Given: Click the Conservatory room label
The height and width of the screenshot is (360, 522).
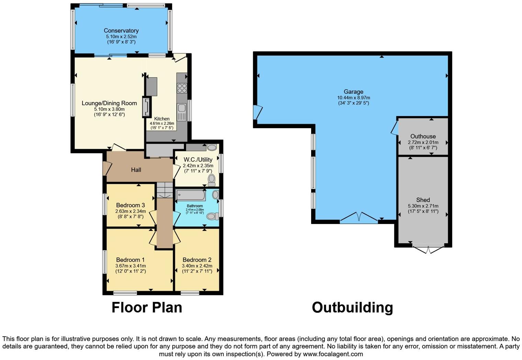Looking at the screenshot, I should (x=121, y=31).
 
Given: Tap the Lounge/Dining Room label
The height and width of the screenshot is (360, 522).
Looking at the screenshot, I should (x=109, y=103).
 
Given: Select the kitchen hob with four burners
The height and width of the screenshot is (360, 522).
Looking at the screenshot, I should (x=182, y=88).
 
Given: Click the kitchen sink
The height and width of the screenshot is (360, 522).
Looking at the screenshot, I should (x=182, y=112).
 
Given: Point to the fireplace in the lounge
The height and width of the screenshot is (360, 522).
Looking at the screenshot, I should (x=147, y=107).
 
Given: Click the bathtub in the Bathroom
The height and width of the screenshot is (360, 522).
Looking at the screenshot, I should (x=191, y=195).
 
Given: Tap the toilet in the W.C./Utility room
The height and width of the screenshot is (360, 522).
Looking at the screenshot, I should (x=212, y=179).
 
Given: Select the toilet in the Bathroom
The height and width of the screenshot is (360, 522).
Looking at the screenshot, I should (x=214, y=216).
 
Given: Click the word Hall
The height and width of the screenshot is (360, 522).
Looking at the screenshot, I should (x=136, y=170).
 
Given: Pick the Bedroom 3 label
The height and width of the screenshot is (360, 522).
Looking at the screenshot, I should (x=130, y=205).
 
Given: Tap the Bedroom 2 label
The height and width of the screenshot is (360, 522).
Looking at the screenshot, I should (x=197, y=260).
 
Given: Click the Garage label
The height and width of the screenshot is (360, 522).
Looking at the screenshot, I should (x=353, y=92).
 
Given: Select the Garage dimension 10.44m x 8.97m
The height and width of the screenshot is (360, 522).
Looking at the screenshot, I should (x=353, y=98).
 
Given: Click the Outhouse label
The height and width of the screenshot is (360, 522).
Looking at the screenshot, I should (x=423, y=136).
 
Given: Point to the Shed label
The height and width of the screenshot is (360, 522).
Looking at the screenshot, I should (x=423, y=200).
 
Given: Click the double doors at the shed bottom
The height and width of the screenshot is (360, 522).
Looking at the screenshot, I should (x=428, y=249).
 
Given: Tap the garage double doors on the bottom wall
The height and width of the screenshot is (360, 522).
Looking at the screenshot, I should (x=359, y=218).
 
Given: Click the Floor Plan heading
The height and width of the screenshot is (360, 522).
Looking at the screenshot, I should (x=147, y=307).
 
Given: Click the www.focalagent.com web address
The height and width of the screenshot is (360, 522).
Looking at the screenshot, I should (x=333, y=354).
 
